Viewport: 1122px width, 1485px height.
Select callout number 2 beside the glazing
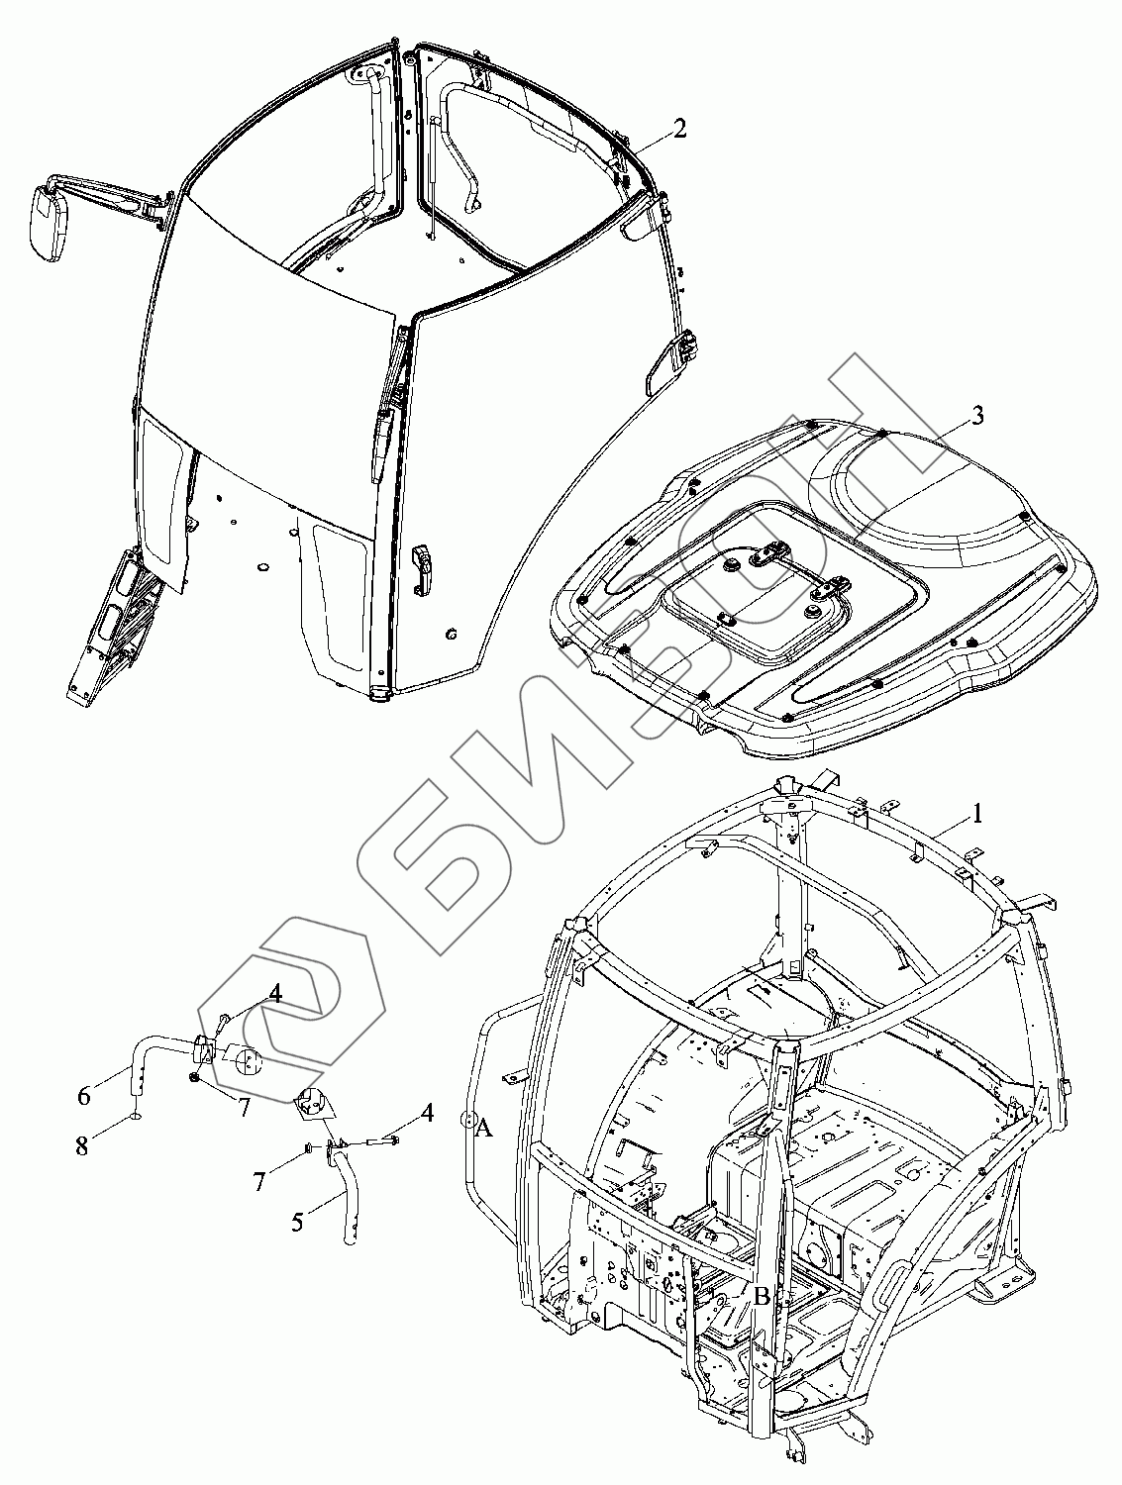(x=679, y=129)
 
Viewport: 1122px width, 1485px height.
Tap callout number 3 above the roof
(x=976, y=416)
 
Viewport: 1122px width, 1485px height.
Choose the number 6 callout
(x=84, y=1095)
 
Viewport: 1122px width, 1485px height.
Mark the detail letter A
(x=484, y=1128)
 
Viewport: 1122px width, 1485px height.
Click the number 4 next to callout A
(x=427, y=1112)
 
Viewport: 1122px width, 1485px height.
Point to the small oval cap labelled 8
(x=136, y=1117)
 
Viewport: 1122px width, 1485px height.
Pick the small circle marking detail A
(x=467, y=1121)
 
